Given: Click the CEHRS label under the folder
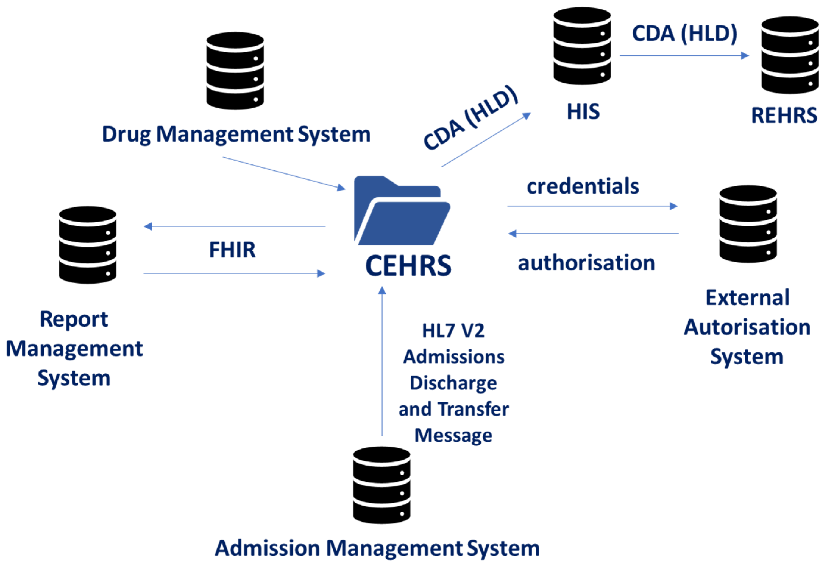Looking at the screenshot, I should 408,266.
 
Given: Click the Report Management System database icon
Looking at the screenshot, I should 88,245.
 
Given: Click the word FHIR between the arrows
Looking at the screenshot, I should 232,250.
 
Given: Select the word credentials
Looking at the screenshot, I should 583,186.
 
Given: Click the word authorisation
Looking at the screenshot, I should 586,263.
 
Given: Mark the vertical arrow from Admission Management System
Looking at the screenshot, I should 382,360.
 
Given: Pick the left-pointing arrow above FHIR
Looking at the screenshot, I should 234,226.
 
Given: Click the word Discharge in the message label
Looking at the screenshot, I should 453,383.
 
